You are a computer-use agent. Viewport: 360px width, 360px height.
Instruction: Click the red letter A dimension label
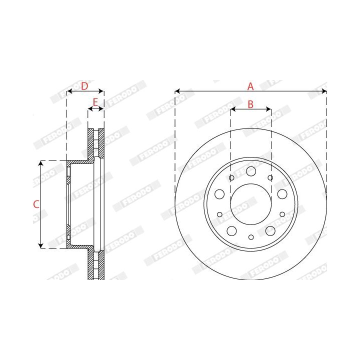click(x=250, y=86)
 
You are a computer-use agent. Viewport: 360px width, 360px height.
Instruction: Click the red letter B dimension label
click(x=250, y=104)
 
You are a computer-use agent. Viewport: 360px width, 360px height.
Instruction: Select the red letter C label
click(x=36, y=204)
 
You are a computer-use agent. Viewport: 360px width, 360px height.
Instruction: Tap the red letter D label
click(x=84, y=86)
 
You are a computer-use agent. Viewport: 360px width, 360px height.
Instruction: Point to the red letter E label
click(x=95, y=102)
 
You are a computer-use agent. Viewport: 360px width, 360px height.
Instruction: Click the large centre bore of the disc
click(x=251, y=204)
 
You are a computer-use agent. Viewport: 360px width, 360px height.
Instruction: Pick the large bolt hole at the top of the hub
click(x=251, y=171)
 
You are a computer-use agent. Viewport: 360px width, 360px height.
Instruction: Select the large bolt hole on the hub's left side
click(x=219, y=194)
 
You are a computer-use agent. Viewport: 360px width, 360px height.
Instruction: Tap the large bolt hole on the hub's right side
click(x=282, y=194)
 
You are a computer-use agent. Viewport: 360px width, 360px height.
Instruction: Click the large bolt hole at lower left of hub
click(x=231, y=230)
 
